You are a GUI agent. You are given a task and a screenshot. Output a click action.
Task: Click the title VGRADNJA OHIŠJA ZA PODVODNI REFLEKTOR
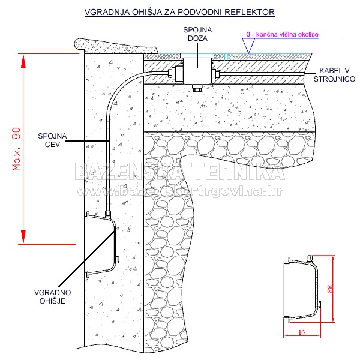(180, 12)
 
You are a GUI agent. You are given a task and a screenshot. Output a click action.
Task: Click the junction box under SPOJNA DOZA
(196, 71)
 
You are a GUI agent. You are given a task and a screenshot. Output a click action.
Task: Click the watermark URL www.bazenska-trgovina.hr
(180, 191)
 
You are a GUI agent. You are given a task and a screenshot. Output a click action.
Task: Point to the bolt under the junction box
(196, 89)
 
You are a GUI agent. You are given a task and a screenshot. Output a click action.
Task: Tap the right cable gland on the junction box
(216, 74)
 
